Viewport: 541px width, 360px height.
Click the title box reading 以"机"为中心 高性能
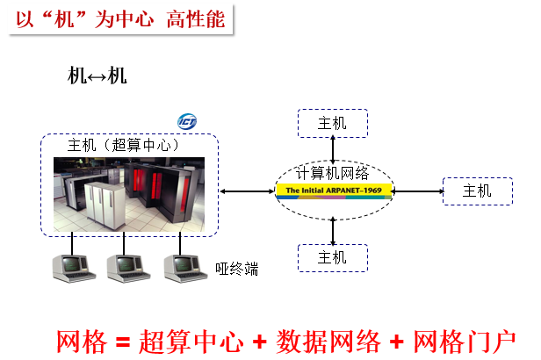tap(119, 18)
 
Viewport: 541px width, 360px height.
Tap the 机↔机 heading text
tap(97, 76)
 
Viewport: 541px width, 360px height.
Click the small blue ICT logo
tap(187, 121)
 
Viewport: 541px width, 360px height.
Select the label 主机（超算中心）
tap(124, 145)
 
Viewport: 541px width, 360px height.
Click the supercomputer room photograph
tap(129, 192)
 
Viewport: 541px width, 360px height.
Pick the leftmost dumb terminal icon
tap(73, 264)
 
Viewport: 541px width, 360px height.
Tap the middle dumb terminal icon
tap(126, 264)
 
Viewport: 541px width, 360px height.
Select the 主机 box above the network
tap(332, 123)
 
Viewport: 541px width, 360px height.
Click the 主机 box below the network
tap(332, 257)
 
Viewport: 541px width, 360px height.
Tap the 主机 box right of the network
tap(477, 191)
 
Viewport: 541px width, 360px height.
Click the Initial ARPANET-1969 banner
tap(333, 190)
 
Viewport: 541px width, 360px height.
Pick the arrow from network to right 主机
tap(418, 191)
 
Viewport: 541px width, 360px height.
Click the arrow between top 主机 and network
tap(332, 148)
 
